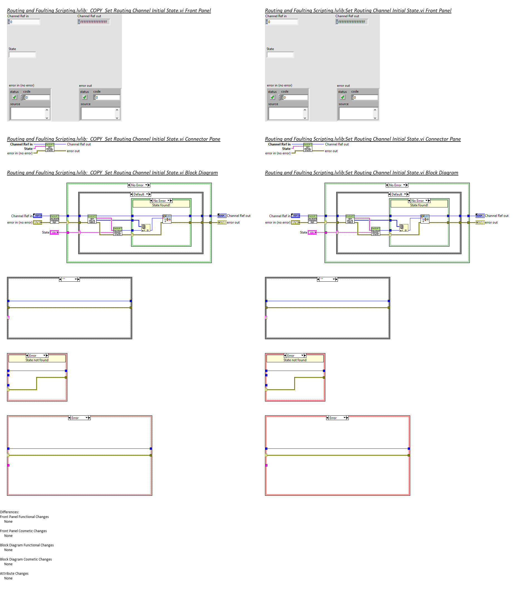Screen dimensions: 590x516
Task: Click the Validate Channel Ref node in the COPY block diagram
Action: tap(55, 219)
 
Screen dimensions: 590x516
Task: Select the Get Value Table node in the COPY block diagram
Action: tap(92, 219)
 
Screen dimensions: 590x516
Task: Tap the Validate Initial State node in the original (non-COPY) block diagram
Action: tap(375, 231)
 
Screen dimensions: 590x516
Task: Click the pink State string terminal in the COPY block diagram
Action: tap(54, 232)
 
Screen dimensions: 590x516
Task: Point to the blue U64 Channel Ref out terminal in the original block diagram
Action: tap(480, 216)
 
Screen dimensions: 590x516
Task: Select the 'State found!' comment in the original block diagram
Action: tap(419, 205)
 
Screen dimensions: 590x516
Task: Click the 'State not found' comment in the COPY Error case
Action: tap(37, 360)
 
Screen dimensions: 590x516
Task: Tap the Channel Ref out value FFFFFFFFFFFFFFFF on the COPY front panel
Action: tap(94, 22)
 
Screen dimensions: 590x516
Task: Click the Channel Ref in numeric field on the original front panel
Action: tap(282, 22)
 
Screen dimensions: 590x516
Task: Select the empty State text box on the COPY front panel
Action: tap(22, 55)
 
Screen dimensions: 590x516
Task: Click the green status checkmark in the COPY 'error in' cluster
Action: tap(14, 97)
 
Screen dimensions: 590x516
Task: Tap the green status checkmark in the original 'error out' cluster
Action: tap(343, 97)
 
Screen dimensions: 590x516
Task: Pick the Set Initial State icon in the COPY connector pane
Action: tap(50, 148)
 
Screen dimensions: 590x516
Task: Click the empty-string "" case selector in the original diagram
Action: tap(327, 279)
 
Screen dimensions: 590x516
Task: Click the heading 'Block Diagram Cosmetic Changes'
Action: tap(26, 559)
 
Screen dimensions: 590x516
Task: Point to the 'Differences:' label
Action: tap(9, 512)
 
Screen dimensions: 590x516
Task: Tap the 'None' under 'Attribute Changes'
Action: tap(8, 579)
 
